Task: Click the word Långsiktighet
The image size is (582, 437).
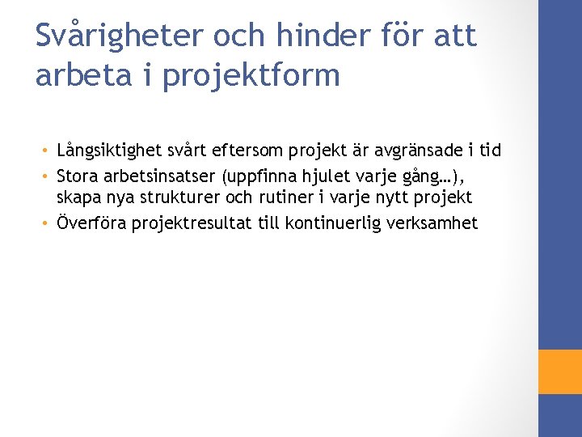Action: (x=108, y=151)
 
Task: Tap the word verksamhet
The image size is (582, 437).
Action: (x=436, y=223)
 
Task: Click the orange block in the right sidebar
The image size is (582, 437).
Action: (x=560, y=371)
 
